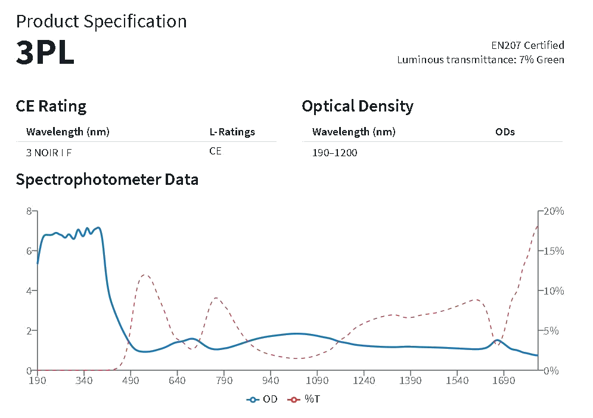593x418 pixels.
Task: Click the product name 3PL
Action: click(45, 53)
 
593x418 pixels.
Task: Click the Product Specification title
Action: click(101, 21)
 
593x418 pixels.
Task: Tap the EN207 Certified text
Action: click(527, 45)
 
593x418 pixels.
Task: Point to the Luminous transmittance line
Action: click(480, 60)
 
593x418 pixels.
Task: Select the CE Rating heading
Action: click(51, 106)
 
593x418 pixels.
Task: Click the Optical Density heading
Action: click(358, 106)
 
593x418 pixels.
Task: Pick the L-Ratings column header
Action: click(232, 132)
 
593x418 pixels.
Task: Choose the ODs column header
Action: click(505, 132)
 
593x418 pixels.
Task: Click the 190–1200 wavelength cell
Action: click(335, 153)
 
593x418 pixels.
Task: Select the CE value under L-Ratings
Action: click(215, 151)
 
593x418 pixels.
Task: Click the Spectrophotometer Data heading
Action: click(107, 179)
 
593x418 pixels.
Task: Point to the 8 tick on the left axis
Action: click(28, 211)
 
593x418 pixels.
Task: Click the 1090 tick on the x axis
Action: click(317, 380)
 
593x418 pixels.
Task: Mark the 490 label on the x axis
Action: click(131, 380)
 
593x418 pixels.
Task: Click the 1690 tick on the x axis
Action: click(504, 380)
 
